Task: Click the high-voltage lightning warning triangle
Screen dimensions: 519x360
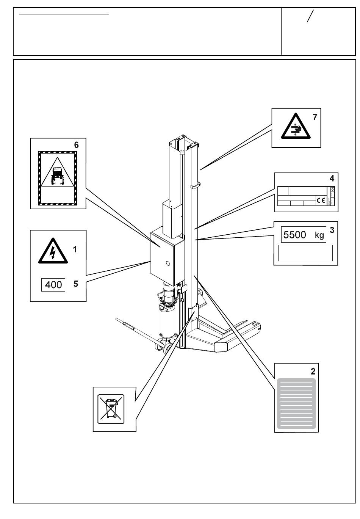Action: tap(53, 251)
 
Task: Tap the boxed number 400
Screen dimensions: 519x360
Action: tap(53, 284)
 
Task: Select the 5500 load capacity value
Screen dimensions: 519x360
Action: tap(295, 235)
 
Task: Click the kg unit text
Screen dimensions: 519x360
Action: tap(319, 235)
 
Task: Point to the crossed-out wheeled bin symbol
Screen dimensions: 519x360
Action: tap(111, 409)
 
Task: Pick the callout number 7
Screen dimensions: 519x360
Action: tap(315, 117)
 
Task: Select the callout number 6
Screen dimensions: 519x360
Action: tap(76, 145)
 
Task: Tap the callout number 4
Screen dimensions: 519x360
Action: tap(332, 178)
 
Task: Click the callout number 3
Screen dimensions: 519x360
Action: tap(332, 230)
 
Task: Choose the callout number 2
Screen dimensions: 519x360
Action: tap(313, 371)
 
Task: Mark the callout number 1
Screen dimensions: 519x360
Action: tap(75, 249)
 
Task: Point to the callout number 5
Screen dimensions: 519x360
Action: tap(76, 284)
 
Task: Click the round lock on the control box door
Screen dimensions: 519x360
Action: tap(168, 262)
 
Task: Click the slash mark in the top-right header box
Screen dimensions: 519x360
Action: tap(310, 17)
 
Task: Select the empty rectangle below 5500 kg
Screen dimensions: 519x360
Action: tap(305, 253)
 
